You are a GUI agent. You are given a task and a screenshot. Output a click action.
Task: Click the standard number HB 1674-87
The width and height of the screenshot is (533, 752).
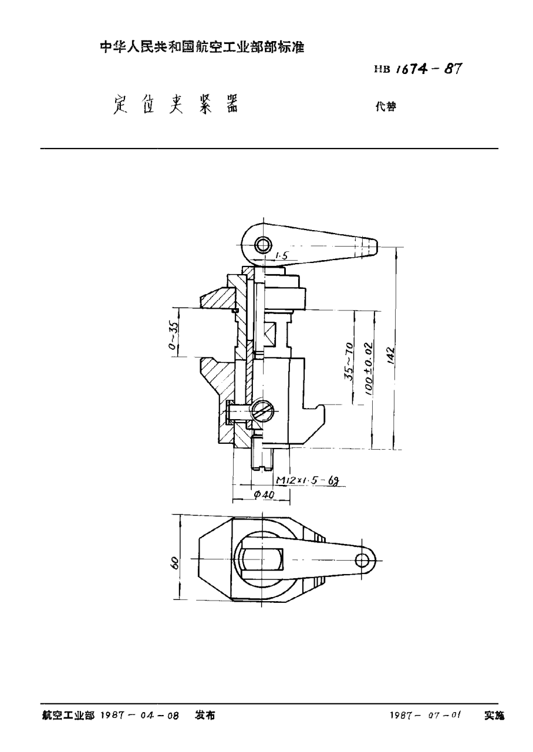pos(417,68)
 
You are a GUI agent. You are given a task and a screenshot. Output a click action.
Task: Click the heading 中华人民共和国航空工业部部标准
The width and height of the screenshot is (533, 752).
pos(203,48)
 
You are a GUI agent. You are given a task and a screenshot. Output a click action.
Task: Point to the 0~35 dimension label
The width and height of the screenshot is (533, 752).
pos(173,335)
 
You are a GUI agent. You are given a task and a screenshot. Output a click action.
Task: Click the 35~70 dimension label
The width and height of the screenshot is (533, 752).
pos(349,362)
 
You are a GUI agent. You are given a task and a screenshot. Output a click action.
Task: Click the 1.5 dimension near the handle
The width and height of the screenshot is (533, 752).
pos(281,255)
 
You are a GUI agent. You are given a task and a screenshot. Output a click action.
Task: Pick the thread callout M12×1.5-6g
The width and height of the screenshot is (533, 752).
pos(308,480)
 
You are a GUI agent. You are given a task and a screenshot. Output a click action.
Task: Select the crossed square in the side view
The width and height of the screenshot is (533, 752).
pos(269,334)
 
